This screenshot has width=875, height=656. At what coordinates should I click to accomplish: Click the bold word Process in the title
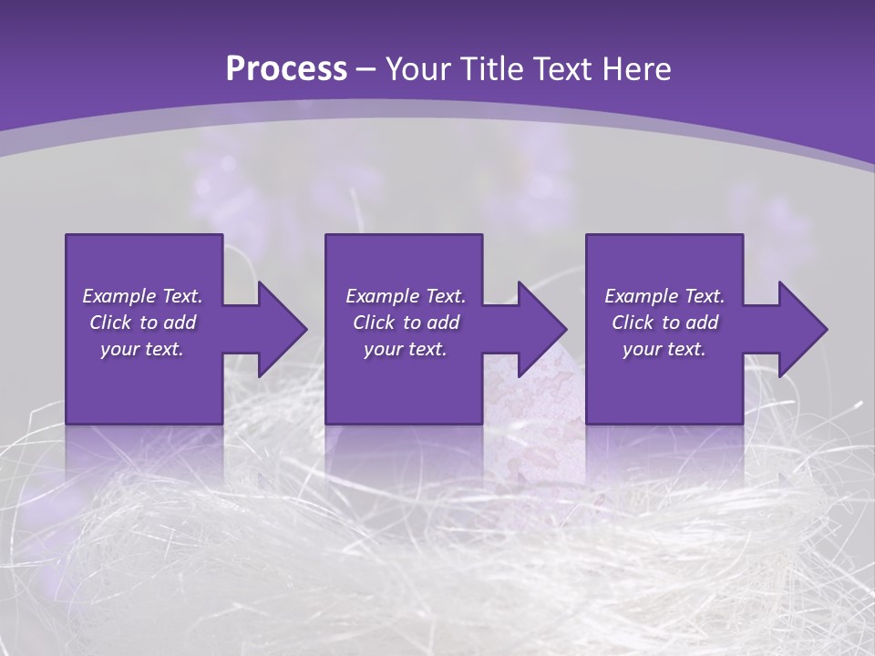[286, 69]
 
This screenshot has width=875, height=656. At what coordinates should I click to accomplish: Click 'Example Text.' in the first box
[142, 296]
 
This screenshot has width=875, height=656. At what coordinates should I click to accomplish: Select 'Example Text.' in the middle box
[406, 296]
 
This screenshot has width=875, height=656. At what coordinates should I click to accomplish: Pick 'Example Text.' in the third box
[664, 296]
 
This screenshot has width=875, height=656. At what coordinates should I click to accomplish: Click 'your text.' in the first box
[142, 349]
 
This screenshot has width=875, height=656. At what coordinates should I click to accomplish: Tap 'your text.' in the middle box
[406, 349]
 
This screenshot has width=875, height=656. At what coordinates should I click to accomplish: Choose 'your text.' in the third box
[664, 349]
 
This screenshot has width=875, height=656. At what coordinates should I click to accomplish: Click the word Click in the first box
[110, 323]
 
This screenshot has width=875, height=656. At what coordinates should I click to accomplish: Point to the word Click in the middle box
[374, 323]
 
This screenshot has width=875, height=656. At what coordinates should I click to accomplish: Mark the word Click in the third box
[633, 323]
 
